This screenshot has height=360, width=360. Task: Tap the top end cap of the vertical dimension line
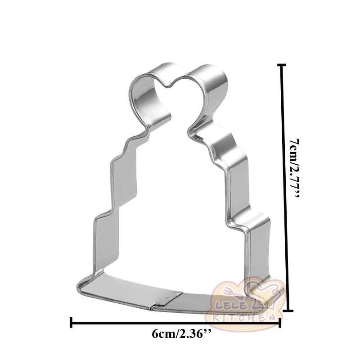[282, 65]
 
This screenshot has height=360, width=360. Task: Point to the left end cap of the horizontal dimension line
[71, 322]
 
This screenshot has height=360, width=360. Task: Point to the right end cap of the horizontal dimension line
[280, 322]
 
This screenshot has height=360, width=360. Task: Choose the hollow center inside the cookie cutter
[175, 202]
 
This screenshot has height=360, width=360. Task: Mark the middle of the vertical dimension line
[282, 188]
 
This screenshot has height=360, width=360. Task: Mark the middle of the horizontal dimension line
[175, 322]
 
